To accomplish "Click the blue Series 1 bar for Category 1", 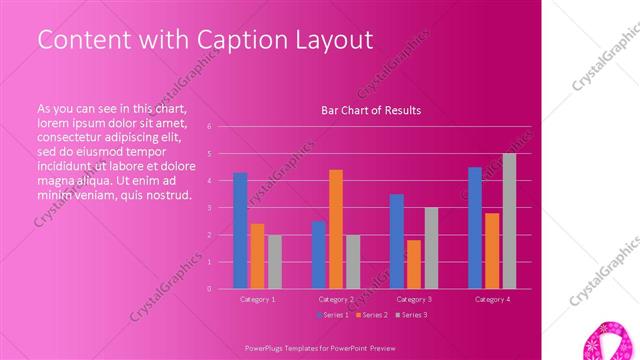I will click(240, 230).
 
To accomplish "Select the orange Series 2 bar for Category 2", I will click(336, 229).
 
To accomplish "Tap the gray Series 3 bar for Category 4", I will click(509, 221).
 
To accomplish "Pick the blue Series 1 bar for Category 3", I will click(397, 241).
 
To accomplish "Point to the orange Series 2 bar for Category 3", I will click(414, 264).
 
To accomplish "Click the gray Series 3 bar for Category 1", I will click(274, 262).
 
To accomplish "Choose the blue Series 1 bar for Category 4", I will click(475, 228).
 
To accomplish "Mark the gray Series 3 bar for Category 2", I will click(353, 262).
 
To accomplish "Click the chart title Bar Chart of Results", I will click(370, 110).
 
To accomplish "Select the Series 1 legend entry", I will click(332, 315).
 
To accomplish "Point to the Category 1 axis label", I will click(257, 299).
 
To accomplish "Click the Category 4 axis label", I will click(492, 299).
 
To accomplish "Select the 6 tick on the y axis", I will click(209, 127).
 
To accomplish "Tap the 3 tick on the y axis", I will click(209, 208).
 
